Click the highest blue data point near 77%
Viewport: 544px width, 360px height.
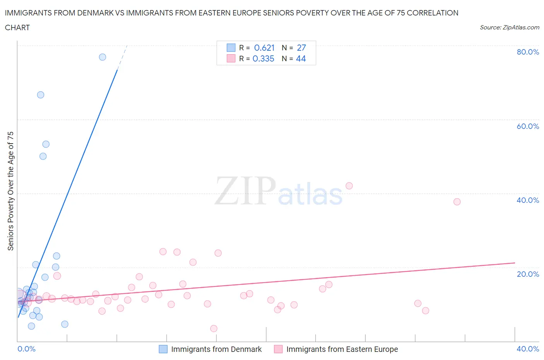coord(103,57)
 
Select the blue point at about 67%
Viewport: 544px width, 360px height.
coord(41,95)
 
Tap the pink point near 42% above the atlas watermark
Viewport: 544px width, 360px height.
coord(349,186)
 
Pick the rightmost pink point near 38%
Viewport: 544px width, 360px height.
coord(457,202)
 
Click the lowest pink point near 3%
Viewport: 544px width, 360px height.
coord(214,329)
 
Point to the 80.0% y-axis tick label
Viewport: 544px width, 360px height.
coord(528,52)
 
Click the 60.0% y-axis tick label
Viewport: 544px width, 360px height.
coord(528,126)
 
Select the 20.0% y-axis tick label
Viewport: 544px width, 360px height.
coord(528,274)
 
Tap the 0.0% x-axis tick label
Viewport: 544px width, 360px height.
coord(27,349)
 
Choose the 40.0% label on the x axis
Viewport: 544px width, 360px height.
coord(528,349)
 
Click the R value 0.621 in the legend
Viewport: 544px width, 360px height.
coord(264,48)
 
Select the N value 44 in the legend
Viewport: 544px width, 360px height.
coord(301,58)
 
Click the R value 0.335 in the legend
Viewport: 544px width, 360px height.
coord(263,58)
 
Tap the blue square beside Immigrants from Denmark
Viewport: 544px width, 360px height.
coord(163,349)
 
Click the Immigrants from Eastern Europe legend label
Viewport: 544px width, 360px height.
coord(342,349)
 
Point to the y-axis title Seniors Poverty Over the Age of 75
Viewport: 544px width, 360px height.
coord(10,191)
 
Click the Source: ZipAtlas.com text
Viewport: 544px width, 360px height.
coord(509,27)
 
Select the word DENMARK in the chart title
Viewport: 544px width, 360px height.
coord(95,13)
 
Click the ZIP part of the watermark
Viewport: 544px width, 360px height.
coord(245,190)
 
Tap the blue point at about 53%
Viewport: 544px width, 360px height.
coord(46,144)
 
